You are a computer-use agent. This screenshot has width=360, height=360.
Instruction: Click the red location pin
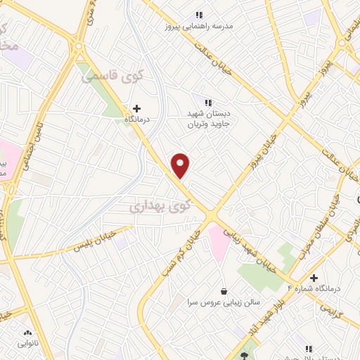[181, 165]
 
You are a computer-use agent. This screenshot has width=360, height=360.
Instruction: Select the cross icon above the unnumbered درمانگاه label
[136, 108]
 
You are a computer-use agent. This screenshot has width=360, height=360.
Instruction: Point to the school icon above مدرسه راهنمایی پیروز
[199, 14]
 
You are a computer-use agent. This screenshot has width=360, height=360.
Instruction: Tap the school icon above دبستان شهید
[206, 102]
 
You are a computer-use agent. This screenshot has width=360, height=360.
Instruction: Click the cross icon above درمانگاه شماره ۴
[313, 277]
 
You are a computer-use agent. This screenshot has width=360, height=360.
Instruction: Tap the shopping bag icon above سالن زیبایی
[224, 290]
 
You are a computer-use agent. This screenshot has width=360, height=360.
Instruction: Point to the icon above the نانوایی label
[28, 333]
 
